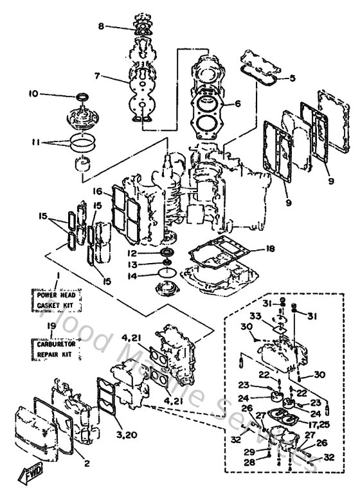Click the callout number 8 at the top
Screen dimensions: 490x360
(101, 26)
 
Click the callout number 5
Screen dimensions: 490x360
(292, 78)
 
